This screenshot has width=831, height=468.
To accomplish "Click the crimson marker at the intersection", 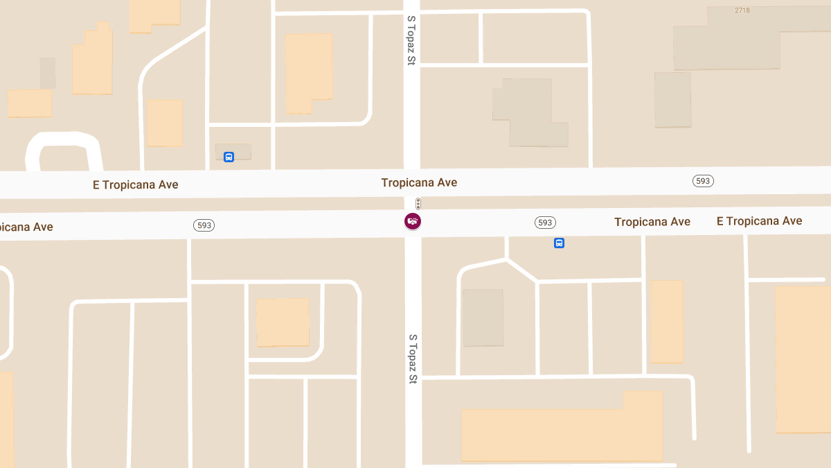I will (x=413, y=221).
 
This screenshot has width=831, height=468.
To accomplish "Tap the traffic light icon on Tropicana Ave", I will (x=418, y=204).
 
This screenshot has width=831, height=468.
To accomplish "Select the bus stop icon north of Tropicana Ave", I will (x=229, y=157).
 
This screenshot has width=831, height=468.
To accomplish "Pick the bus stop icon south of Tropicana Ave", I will (x=559, y=243).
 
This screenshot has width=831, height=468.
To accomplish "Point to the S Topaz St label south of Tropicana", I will (x=413, y=359).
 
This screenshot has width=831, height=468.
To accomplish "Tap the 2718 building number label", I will (x=742, y=10).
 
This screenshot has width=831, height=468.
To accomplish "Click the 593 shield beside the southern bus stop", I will (x=545, y=223).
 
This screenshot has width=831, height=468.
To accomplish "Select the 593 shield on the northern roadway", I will (x=703, y=181).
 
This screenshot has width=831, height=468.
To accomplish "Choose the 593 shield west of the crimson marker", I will (x=204, y=225).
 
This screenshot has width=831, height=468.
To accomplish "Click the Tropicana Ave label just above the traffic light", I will (x=419, y=182).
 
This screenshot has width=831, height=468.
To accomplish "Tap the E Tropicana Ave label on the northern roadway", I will (x=136, y=184).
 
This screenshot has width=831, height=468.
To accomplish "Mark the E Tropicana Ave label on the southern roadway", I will (x=759, y=221).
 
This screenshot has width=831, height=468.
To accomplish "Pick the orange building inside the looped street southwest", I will (x=283, y=322).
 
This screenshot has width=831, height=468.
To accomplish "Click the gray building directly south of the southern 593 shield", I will (x=483, y=318).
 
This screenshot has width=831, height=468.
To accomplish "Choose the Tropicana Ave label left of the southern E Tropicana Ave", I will (x=652, y=222).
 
